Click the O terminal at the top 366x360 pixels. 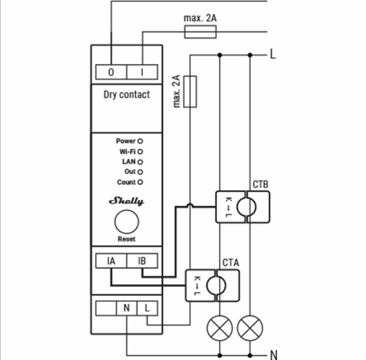point(111,72)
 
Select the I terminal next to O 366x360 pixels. point(142,72)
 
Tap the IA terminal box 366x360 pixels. point(111,260)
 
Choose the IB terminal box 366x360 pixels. point(142,260)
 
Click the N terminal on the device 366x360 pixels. point(126,308)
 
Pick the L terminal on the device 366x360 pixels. point(147,308)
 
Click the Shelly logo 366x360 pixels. point(126,201)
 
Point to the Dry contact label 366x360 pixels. point(126,94)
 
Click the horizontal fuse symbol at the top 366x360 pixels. point(200,32)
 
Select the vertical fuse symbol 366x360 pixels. point(190,91)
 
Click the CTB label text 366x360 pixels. point(260,184)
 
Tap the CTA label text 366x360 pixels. point(230,262)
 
